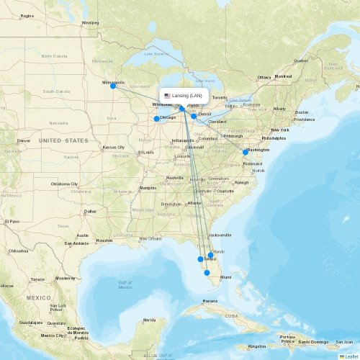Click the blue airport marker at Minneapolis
coord(113,86)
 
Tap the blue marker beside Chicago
coord(156,119)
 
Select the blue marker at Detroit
coord(194,115)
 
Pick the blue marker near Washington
coord(246,152)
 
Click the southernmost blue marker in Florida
coord(207,273)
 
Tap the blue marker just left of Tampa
coord(200,259)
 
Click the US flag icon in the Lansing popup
coord(167,96)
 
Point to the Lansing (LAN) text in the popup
coord(187,96)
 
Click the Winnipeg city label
coord(90,22)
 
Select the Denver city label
coord(24,140)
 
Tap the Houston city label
coord(104,240)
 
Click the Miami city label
coord(226,277)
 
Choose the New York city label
coord(280,130)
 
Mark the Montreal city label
coord(283,76)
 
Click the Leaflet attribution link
coord(351,356)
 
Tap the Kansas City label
coord(114,148)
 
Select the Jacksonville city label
coord(220,235)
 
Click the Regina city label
coord(27,15)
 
